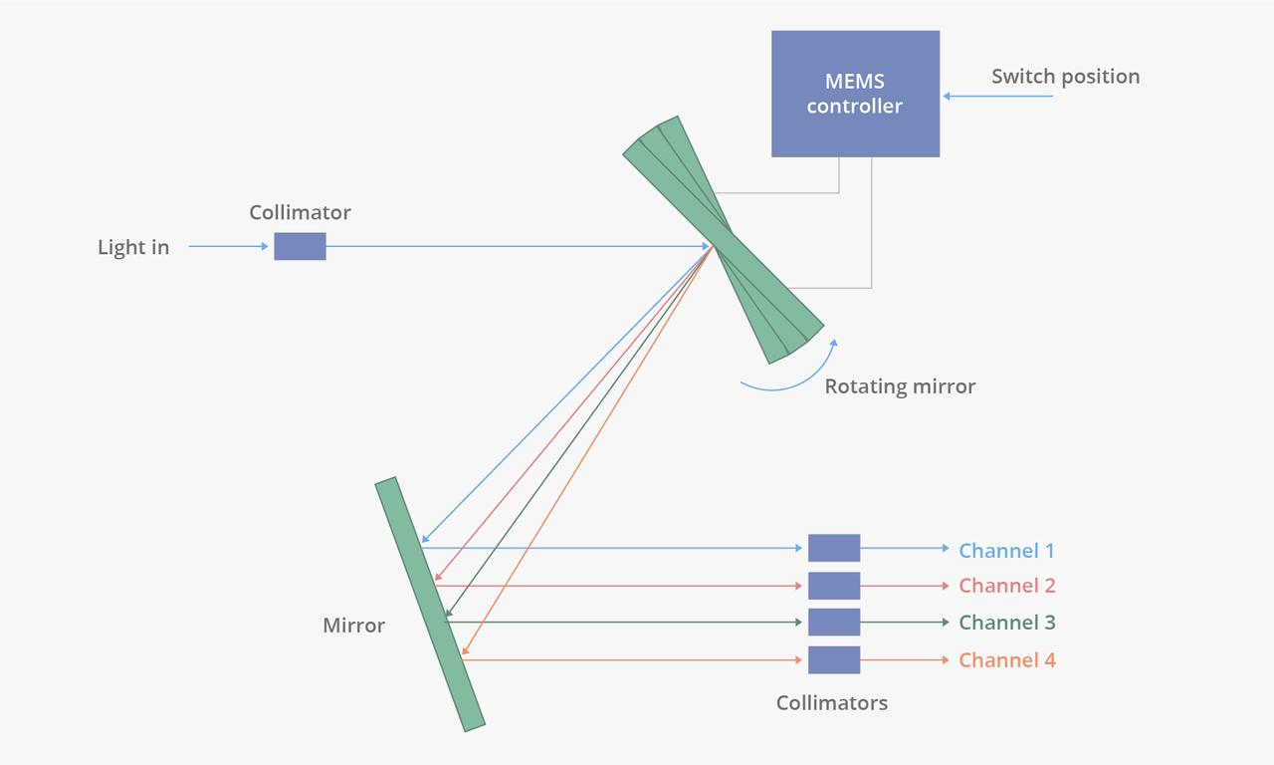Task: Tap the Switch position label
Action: pos(1065,77)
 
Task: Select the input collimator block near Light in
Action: pos(300,246)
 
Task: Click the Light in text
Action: pos(133,247)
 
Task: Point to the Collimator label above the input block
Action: pos(300,212)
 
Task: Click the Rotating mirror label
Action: pos(900,386)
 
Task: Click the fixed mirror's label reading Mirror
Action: pos(353,626)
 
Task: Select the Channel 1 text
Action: pos(1006,550)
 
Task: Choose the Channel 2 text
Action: pos(1006,586)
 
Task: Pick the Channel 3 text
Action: pos(1006,623)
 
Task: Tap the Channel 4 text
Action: pos(1006,659)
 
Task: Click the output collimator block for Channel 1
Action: pos(833,548)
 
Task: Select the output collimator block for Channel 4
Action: pos(833,659)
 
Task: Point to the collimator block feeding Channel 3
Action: pos(833,622)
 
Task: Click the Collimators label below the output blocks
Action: pos(831,703)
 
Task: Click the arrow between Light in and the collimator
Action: pos(228,246)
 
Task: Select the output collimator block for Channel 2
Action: pos(833,586)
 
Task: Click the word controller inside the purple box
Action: pos(854,107)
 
